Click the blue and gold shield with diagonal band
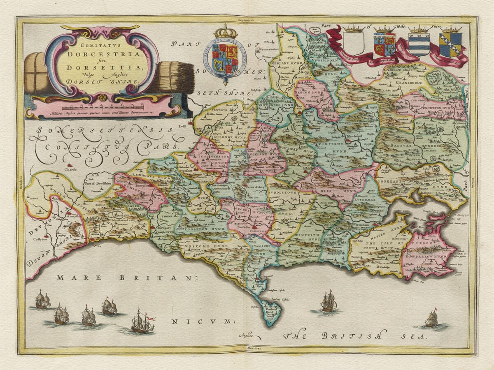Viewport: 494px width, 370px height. click(450, 45)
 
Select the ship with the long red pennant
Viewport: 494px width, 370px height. click(142, 323)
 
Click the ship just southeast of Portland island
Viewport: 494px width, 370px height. click(329, 302)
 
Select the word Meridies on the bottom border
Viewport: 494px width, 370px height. click(247, 348)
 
